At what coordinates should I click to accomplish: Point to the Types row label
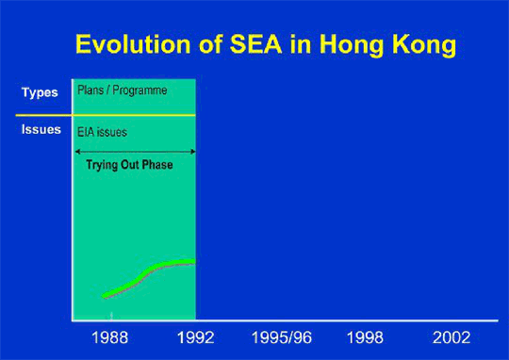click(x=41, y=93)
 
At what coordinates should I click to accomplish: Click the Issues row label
click(x=41, y=129)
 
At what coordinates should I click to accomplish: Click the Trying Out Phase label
click(x=136, y=166)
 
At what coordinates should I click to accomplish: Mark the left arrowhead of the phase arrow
click(x=76, y=151)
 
